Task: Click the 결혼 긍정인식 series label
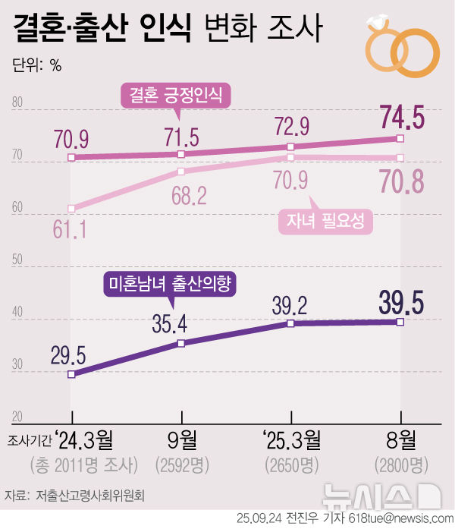coord(177,96)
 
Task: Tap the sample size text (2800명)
coord(401,464)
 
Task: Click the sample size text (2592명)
coord(181,464)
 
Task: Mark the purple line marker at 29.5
coord(71,373)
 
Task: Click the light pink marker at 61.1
coord(71,208)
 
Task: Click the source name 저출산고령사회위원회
coord(90,495)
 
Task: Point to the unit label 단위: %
coord(36,65)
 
